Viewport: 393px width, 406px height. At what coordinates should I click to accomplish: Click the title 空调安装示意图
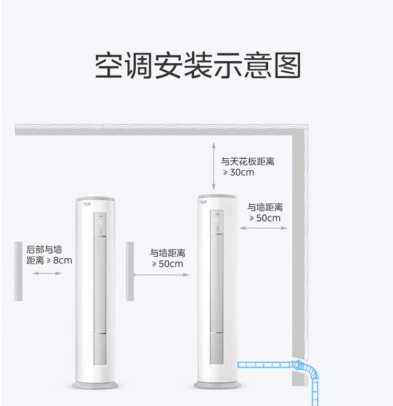pos(198,65)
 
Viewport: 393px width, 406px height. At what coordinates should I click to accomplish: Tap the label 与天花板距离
pos(247,161)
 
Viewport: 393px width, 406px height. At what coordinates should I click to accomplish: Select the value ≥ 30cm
pos(238,172)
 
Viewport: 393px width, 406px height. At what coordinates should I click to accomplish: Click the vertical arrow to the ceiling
pos(213,166)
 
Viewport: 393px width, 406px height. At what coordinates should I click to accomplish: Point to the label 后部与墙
pos(44,249)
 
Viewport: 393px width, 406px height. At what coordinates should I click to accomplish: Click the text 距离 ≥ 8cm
pos(49,260)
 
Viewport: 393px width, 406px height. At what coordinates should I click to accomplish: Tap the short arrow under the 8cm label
pos(47,273)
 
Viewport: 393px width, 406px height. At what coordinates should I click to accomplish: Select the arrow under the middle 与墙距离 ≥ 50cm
pos(162,275)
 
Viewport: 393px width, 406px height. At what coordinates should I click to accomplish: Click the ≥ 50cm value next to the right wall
pos(265,218)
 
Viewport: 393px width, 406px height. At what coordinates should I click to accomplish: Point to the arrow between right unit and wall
pos(263,228)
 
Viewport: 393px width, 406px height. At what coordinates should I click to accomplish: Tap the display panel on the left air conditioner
pos(100,224)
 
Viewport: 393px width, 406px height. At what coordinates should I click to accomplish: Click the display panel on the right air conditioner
pos(216,222)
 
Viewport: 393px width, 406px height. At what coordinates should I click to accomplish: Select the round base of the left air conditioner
pos(95,385)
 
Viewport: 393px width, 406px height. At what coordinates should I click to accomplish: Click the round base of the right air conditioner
pos(217,385)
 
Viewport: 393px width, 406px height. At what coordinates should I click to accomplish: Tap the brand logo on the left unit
pos(87,204)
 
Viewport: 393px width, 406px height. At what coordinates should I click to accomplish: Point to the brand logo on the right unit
pos(203,202)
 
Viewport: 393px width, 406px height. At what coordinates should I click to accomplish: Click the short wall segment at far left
pos(18,271)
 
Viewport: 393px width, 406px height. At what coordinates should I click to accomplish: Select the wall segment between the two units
pos(130,271)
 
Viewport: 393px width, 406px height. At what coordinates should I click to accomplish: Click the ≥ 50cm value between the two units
pos(167,264)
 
